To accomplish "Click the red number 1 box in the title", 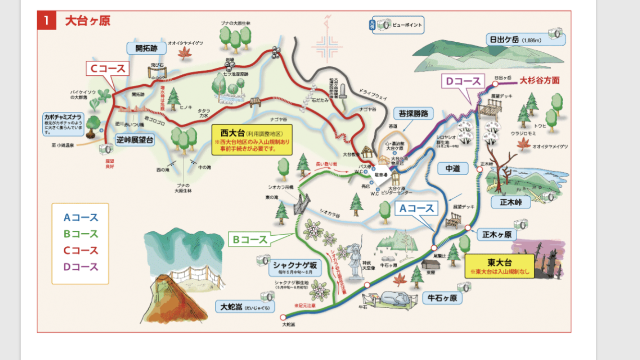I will pos(46,21).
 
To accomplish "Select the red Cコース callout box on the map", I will pos(108,69).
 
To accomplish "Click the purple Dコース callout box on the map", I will pos(463,82).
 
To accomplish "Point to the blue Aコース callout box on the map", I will pos(416,208).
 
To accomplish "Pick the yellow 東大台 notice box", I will pos(499,264).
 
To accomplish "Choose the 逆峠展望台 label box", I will pos(135,140).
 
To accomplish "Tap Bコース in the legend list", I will pos(81,234).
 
